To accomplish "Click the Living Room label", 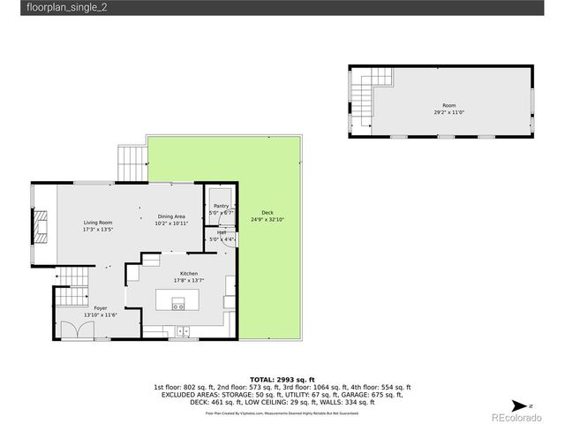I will [x=97, y=222].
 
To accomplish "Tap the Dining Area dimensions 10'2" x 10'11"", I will [x=171, y=223].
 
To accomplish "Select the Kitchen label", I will [x=189, y=274].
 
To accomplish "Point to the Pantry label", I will [x=220, y=206].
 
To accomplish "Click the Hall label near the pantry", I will [x=221, y=232].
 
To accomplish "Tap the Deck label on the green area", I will [x=267, y=213].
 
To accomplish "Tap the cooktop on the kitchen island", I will [x=177, y=306].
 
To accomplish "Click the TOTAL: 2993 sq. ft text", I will [x=282, y=377].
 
